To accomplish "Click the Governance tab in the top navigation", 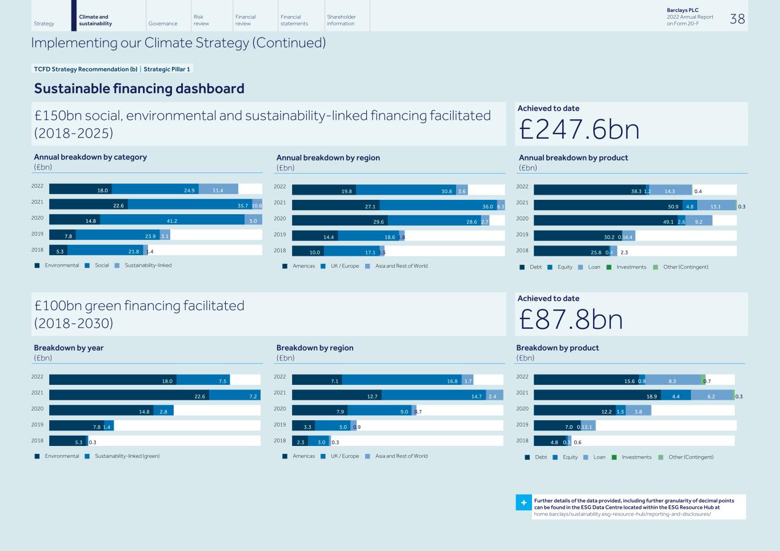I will click(x=163, y=23).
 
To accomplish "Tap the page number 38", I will click(x=737, y=19).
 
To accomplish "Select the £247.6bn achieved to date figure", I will click(x=579, y=129).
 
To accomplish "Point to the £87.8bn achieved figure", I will click(x=570, y=319).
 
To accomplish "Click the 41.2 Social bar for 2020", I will click(x=172, y=220).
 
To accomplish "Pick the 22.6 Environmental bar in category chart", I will click(x=89, y=205).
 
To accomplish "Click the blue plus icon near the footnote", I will click(x=523, y=502).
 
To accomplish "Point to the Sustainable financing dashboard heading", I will click(x=139, y=89).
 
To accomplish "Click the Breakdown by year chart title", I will click(x=69, y=348).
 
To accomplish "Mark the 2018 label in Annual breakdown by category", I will click(x=37, y=250).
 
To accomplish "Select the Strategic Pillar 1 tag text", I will click(x=166, y=69).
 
